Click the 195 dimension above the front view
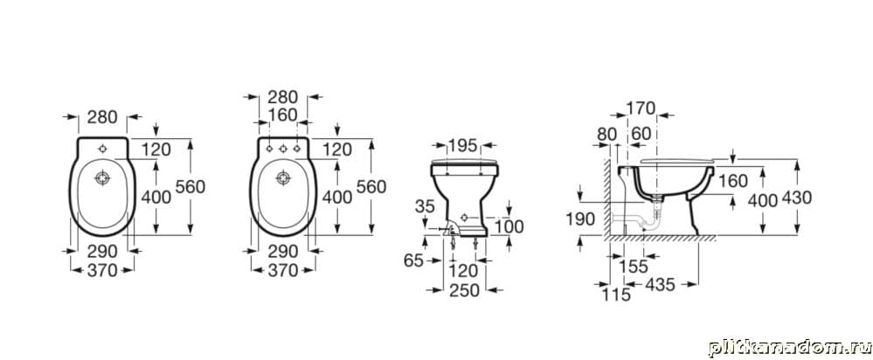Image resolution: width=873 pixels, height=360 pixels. (x=463, y=145)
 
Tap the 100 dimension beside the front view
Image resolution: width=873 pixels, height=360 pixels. (x=509, y=226)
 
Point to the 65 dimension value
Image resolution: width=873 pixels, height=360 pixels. (x=413, y=260)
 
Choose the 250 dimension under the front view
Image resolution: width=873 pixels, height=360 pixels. (x=464, y=290)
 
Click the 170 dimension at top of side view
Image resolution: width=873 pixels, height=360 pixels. (x=641, y=107)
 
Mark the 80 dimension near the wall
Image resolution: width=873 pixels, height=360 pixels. (x=606, y=134)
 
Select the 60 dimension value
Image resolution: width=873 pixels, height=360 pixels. (x=641, y=134)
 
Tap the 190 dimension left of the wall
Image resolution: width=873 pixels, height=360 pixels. (x=580, y=219)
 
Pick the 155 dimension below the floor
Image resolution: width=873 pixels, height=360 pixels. (x=634, y=267)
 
